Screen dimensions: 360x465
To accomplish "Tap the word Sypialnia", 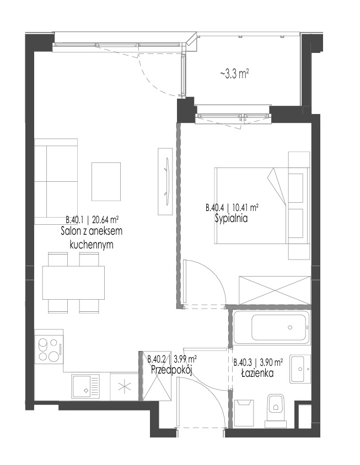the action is click(x=231, y=219).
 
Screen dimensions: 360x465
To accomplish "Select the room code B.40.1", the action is click(x=75, y=220).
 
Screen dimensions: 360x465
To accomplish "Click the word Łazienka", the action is click(x=257, y=373).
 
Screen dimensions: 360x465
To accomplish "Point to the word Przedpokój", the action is click(x=172, y=370).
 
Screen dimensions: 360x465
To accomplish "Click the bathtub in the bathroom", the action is click(x=272, y=327).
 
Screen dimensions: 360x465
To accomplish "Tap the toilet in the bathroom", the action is click(x=276, y=410).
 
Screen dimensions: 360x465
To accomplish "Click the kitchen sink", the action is click(x=85, y=387).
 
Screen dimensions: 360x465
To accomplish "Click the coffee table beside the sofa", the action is click(x=106, y=181).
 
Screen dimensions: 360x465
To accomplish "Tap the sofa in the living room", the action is click(x=56, y=181).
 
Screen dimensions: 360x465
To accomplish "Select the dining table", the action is click(x=74, y=283).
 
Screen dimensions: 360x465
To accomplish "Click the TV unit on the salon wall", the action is click(x=165, y=181).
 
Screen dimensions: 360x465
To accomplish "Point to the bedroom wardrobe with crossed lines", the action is click(x=275, y=290).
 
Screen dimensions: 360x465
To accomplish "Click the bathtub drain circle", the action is click(x=290, y=327).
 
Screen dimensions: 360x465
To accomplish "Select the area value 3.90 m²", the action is click(x=271, y=362).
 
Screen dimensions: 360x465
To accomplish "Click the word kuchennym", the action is click(x=92, y=245).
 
